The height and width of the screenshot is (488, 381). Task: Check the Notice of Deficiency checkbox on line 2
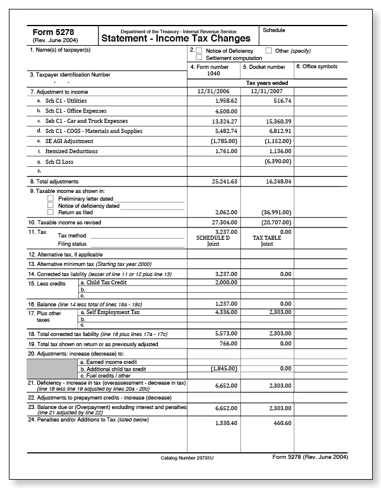point(199,51)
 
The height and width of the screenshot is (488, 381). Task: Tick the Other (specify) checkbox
point(269,51)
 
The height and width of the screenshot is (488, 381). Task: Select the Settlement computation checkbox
point(199,58)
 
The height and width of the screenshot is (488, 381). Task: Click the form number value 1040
point(214,74)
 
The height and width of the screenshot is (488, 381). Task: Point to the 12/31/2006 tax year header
point(214,92)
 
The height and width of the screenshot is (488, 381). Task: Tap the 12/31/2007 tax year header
point(267,92)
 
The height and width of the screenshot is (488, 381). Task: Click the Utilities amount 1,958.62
point(226,101)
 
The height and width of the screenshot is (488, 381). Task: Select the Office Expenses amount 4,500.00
point(226,111)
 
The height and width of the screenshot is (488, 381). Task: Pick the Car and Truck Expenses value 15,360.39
point(278,121)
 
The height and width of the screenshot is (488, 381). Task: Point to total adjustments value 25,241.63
point(224,181)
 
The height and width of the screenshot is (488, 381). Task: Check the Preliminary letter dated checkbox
point(50,199)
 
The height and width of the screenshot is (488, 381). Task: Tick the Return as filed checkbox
point(50,212)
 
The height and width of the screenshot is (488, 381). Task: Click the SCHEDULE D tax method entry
point(212,237)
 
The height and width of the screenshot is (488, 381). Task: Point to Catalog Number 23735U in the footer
point(186,458)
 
